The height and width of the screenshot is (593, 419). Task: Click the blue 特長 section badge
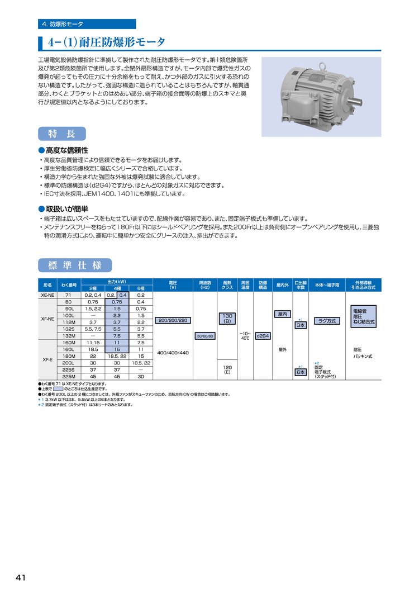coord(62,134)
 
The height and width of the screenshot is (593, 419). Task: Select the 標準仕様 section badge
coord(74,264)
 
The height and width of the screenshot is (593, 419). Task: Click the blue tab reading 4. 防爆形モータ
coord(87,24)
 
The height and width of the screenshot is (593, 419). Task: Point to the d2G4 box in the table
coord(262,336)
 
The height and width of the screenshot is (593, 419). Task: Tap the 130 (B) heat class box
coord(227,319)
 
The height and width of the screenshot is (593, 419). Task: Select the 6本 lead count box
coord(301,372)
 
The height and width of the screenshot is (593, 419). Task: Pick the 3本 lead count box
coord(301,325)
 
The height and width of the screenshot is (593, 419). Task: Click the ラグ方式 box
coord(327,320)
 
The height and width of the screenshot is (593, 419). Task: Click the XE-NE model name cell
coord(47,295)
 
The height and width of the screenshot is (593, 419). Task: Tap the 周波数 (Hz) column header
coord(204,284)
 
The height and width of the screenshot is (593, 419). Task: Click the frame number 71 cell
coord(69,295)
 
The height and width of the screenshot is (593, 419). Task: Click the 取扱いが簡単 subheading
coord(66,208)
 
